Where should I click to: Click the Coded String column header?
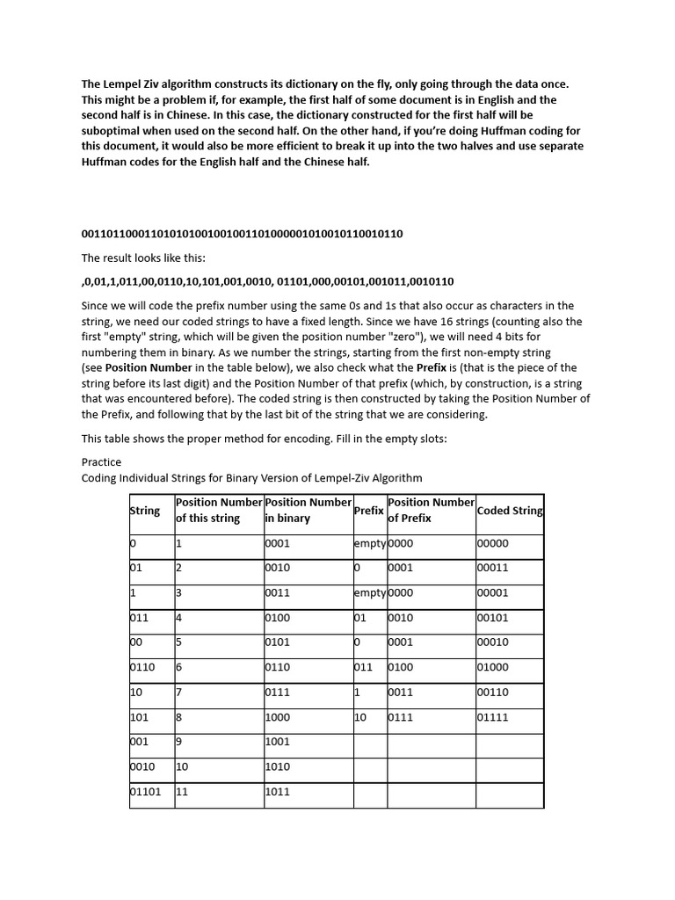(509, 511)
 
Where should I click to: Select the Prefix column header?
(368, 511)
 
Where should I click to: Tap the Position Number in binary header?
(308, 511)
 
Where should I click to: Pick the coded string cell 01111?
(492, 718)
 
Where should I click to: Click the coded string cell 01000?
(492, 668)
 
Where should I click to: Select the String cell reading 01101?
(146, 792)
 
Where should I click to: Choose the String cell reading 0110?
(142, 668)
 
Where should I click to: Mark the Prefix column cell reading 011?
(364, 668)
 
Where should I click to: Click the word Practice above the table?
(101, 462)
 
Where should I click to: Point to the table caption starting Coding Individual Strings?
(251, 478)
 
